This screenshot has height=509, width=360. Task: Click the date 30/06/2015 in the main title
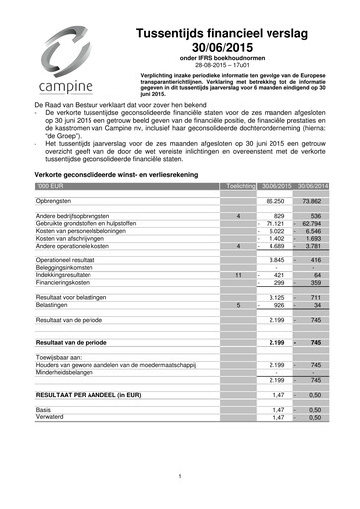(x=230, y=49)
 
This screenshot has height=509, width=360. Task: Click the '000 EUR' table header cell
(x=50, y=186)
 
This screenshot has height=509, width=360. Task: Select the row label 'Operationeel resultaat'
(x=74, y=260)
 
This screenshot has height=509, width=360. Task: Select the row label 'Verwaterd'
(x=52, y=418)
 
